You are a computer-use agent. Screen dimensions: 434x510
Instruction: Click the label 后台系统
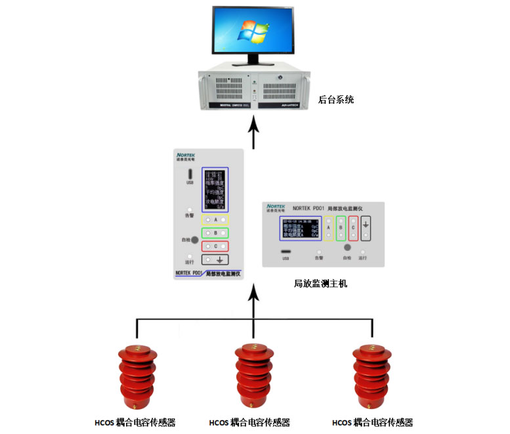(x=336, y=100)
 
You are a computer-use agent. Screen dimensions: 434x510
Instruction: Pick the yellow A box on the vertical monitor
(x=215, y=219)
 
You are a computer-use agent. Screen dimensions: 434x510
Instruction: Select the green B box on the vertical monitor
(x=215, y=232)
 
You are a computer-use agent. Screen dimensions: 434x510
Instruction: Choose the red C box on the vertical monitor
(x=215, y=246)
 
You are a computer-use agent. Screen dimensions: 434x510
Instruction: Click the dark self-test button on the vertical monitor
(x=195, y=240)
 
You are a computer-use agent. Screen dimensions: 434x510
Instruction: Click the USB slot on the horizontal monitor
(x=286, y=251)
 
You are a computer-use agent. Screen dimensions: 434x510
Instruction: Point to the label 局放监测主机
(x=320, y=284)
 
